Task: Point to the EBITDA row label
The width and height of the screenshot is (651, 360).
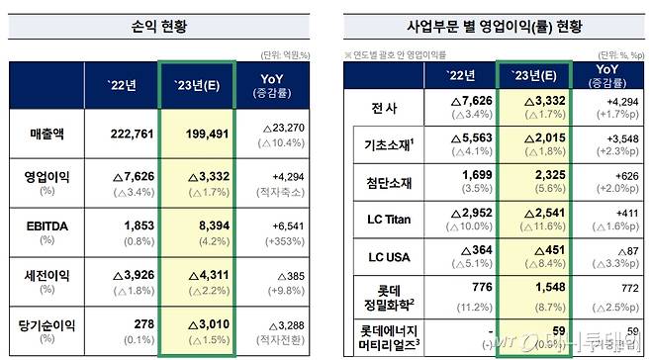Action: tap(44, 227)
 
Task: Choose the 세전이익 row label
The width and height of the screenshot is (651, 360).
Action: tap(44, 278)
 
